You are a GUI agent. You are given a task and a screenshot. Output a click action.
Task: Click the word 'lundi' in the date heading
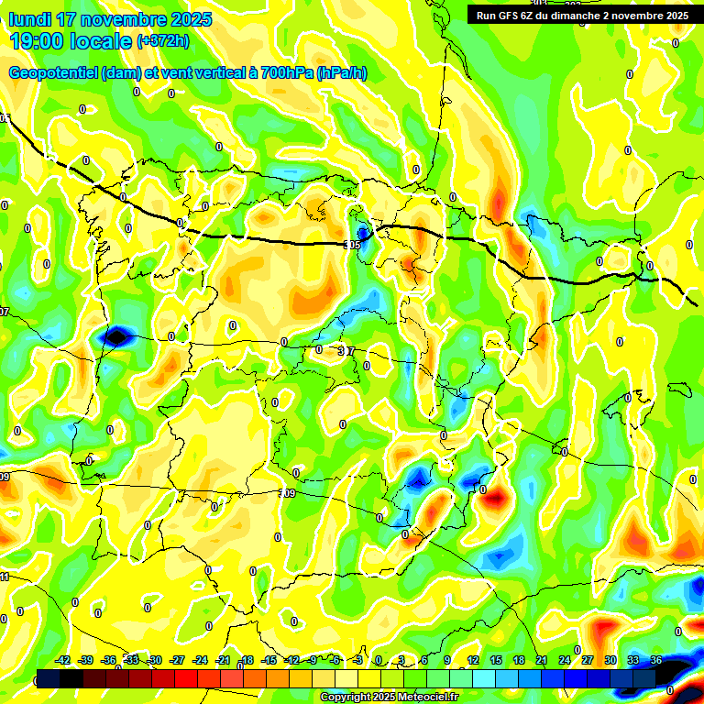29,19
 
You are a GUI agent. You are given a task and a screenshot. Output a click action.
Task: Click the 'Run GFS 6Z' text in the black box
506,15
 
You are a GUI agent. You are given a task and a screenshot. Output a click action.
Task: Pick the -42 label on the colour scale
63,660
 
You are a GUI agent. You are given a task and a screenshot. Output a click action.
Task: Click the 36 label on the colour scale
656,660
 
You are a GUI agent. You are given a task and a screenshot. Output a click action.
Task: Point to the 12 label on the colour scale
473,660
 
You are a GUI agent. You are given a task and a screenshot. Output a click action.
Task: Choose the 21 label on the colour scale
543,660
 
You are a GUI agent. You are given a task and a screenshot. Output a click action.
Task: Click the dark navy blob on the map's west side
116,336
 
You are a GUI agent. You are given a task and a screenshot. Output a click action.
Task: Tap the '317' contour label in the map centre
346,351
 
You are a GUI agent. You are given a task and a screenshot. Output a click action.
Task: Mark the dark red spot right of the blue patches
495,498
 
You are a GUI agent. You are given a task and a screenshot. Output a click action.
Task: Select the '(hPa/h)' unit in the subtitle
342,73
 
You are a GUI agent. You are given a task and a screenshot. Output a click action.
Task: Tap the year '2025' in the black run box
676,15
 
